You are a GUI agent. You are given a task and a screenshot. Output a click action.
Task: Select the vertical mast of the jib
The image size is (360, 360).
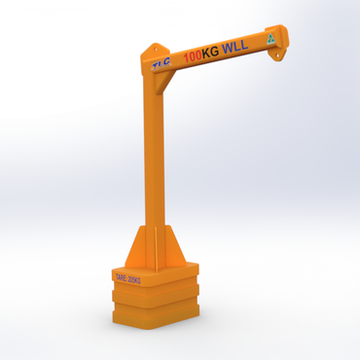(153, 165)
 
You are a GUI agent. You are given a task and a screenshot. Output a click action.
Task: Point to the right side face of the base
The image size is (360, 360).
(194, 292)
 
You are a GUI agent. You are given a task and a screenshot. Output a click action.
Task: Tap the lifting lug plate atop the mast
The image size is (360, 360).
(153, 51)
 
